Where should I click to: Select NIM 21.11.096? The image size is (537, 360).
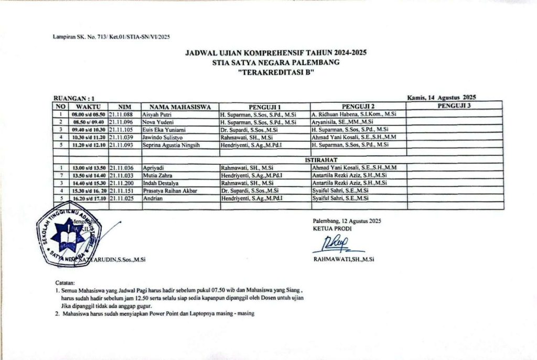click(121, 121)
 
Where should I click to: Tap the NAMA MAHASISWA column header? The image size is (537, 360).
click(180, 107)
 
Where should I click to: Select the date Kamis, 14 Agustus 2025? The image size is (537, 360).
click(441, 97)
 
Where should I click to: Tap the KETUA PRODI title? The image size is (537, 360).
click(329, 228)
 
